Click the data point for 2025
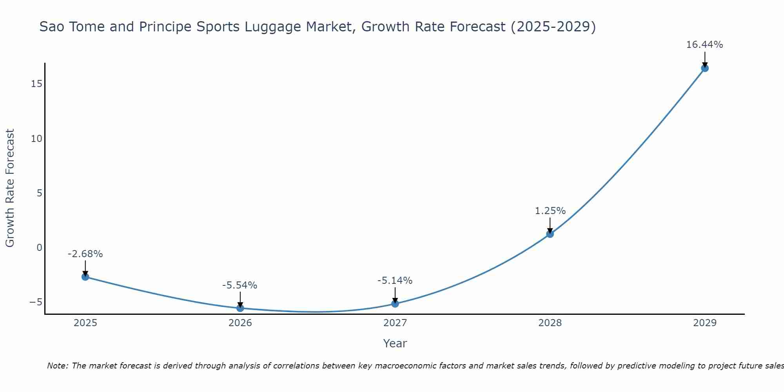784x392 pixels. pos(85,277)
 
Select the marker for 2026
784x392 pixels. pos(240,308)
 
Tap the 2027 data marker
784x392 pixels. pos(395,303)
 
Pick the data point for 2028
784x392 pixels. pos(550,234)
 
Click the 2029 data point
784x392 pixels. pos(705,68)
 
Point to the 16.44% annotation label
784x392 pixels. pos(704,45)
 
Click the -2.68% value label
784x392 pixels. pos(85,254)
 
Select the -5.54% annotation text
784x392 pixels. pos(240,285)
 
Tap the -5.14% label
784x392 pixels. pos(395,281)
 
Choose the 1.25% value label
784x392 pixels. pos(550,211)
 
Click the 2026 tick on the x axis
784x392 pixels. pos(240,323)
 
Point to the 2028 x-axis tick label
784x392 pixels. pos(550,323)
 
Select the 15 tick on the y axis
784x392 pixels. pos(37,84)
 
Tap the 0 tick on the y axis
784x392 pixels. pos(39,247)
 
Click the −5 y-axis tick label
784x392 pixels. pos(36,302)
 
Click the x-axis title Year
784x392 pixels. pos(395,343)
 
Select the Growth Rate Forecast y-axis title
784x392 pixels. pos(10,188)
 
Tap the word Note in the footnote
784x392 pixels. pos(58,366)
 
